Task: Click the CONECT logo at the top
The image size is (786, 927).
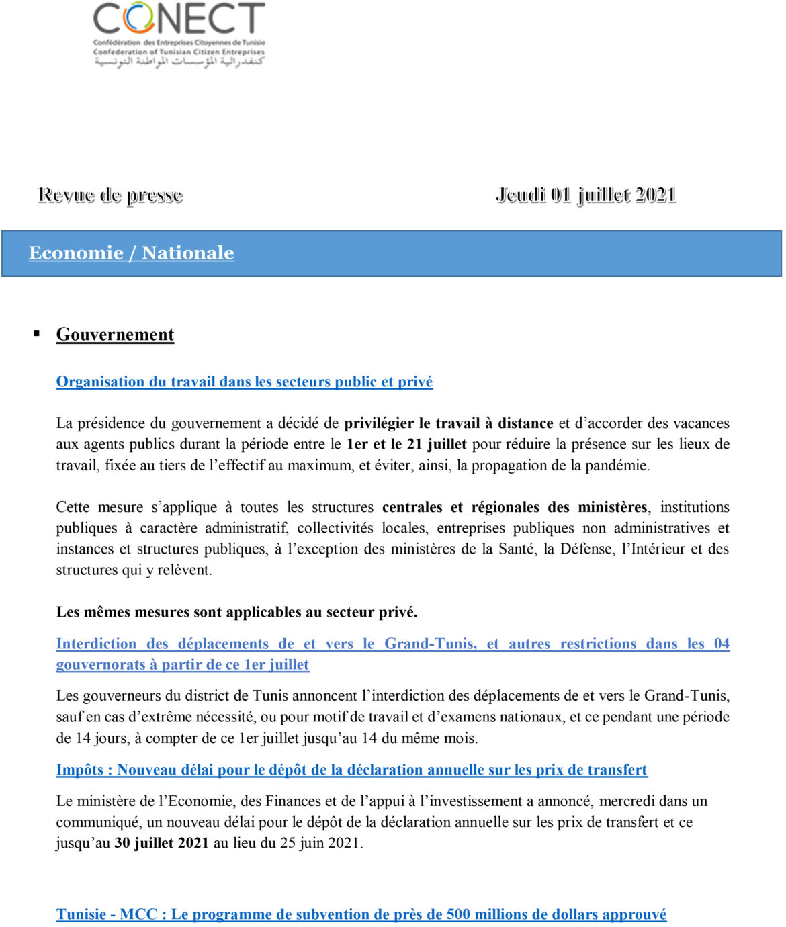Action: click(x=179, y=34)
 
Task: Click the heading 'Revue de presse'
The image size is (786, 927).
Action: click(x=111, y=195)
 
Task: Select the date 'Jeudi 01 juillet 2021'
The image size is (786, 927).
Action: click(x=586, y=195)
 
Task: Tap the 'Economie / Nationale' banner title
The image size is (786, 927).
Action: click(x=132, y=253)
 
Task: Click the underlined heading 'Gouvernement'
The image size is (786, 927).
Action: click(x=115, y=335)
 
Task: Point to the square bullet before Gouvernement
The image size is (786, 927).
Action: click(x=37, y=334)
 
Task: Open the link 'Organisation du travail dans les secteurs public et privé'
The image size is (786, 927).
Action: click(x=245, y=382)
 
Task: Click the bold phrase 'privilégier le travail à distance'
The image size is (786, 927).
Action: click(x=448, y=423)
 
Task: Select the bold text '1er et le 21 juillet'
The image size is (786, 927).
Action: click(x=406, y=444)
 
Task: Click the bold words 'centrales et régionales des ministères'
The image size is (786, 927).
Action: click(x=515, y=507)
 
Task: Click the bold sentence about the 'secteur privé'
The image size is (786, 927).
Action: click(x=236, y=612)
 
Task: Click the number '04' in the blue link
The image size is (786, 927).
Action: click(x=722, y=644)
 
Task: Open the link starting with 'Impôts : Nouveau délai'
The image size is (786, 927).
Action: click(x=352, y=770)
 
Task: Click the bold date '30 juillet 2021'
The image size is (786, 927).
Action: click(x=161, y=843)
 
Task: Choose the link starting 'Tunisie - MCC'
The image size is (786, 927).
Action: click(x=361, y=914)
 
